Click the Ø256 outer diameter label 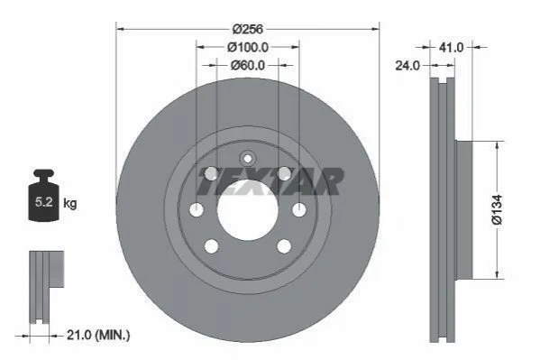click(x=248, y=29)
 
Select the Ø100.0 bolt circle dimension click(x=248, y=47)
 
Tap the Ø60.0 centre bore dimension click(x=248, y=65)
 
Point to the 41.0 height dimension click(x=451, y=47)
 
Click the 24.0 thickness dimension click(x=407, y=65)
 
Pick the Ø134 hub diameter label click(x=497, y=209)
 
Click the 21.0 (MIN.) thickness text click(x=98, y=335)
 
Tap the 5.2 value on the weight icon click(x=44, y=202)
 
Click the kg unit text click(x=70, y=203)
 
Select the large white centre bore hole click(x=247, y=209)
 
